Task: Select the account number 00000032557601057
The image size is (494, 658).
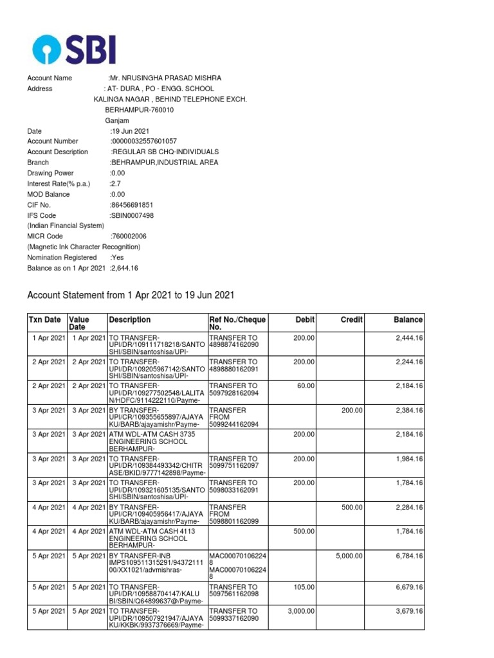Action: (x=144, y=141)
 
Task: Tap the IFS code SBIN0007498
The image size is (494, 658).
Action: (x=133, y=216)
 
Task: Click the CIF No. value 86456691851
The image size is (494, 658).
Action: (x=133, y=205)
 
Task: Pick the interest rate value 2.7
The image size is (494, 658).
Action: (x=116, y=184)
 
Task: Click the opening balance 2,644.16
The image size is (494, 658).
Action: (x=125, y=268)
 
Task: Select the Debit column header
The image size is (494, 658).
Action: (x=305, y=319)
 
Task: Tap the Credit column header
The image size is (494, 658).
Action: (x=351, y=319)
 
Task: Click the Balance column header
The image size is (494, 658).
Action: (x=408, y=319)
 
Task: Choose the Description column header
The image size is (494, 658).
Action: (x=130, y=319)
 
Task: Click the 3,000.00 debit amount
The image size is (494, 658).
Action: (x=301, y=611)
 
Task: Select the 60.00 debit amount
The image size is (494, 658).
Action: (x=306, y=386)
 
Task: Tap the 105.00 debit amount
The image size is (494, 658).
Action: (x=304, y=587)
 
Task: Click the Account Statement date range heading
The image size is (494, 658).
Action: (x=131, y=296)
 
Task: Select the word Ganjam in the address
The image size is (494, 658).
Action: (x=117, y=120)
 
